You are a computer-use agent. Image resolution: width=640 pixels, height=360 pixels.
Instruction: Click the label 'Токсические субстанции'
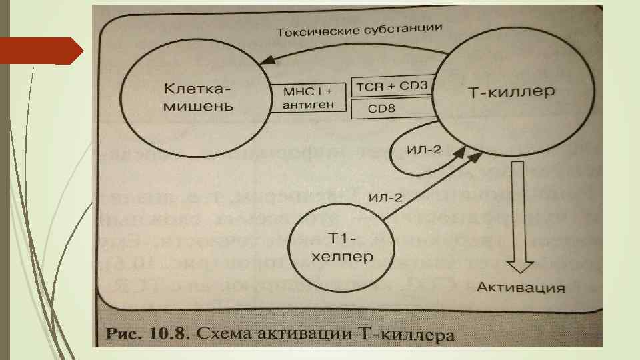coord(359,30)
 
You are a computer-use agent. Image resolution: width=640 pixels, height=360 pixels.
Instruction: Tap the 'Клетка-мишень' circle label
coord(198,97)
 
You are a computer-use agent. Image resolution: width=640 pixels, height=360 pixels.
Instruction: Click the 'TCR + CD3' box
coord(391,87)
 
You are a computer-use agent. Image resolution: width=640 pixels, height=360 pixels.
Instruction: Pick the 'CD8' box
coord(391,107)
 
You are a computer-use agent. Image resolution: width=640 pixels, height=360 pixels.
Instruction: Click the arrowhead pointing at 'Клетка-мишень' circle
coord(266,60)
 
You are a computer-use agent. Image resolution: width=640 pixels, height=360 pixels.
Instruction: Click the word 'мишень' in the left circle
coord(198,107)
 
